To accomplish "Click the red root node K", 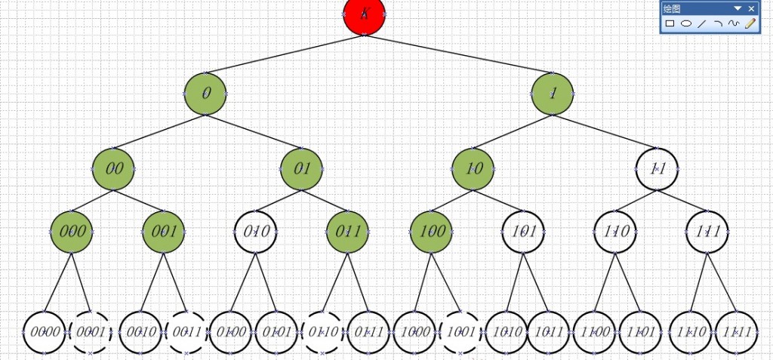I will click(x=365, y=15).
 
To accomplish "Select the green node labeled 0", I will click(x=205, y=94).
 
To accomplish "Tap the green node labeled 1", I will click(x=553, y=94).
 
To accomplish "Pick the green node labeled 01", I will click(x=302, y=168).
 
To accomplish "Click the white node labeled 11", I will click(x=657, y=168).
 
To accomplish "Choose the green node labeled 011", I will click(x=348, y=231).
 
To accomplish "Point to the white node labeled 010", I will click(x=257, y=231).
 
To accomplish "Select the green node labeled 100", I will click(x=432, y=231).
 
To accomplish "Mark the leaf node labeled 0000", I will click(x=45, y=331).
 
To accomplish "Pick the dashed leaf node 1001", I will click(x=460, y=331).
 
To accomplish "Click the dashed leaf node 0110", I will click(x=322, y=331).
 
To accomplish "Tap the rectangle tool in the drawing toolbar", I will click(x=670, y=23).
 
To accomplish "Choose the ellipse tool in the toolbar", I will click(x=686, y=23).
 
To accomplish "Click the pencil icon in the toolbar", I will click(x=750, y=23).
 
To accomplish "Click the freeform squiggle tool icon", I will click(x=734, y=23).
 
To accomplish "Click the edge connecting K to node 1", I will click(x=460, y=54).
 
